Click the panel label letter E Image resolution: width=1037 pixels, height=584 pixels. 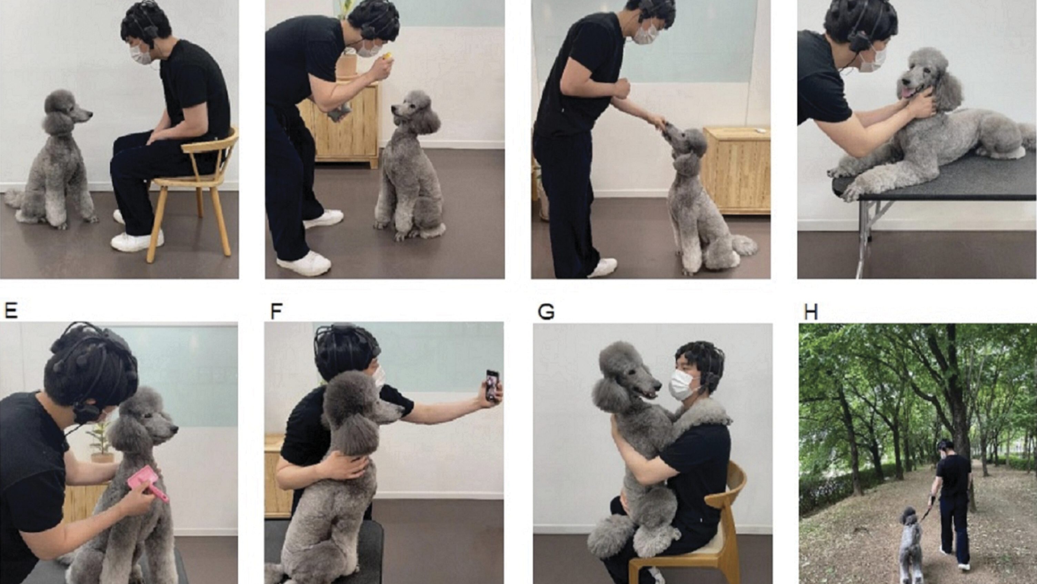point(11,311)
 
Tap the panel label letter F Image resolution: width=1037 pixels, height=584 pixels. point(276,311)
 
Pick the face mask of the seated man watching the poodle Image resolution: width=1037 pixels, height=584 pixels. point(141,55)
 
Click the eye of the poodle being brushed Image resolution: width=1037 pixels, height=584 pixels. point(147,415)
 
